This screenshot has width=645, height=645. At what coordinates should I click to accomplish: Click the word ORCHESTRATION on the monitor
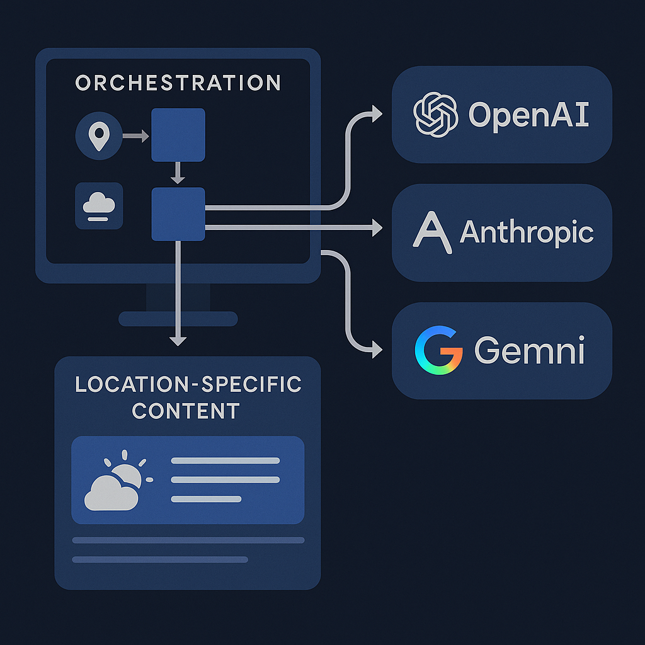178,83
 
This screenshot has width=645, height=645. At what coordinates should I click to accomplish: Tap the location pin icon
98,136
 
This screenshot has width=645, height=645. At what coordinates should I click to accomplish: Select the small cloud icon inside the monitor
99,206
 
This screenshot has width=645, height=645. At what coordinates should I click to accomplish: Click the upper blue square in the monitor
178,135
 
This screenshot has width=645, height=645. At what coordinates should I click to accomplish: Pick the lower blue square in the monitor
178,214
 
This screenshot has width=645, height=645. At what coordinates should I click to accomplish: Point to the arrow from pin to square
134,135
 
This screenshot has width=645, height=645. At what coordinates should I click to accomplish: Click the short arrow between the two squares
178,173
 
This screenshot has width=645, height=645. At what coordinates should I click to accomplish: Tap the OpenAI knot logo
435,114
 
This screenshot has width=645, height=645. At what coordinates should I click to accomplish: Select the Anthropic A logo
431,232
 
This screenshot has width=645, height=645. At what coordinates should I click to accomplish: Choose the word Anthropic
527,232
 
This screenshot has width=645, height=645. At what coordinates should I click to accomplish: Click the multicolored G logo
438,350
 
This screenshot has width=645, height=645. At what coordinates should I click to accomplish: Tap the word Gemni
529,351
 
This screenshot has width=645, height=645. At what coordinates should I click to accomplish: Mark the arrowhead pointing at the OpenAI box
377,114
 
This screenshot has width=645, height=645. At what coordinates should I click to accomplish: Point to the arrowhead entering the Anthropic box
377,227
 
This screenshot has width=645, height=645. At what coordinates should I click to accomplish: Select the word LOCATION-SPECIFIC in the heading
188,385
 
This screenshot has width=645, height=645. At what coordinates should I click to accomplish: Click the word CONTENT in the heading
186,411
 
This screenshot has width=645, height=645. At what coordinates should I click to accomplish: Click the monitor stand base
178,319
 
